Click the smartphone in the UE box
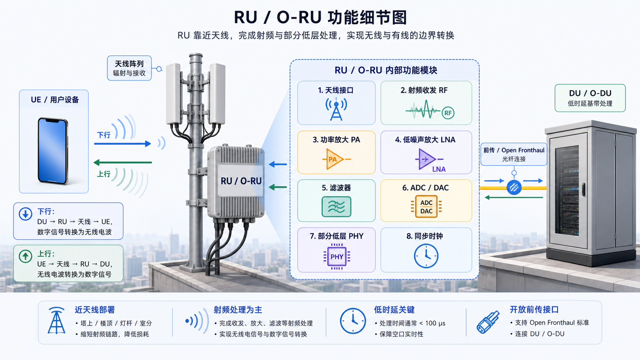(53, 151)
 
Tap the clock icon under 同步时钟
(426, 256)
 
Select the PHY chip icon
(336, 256)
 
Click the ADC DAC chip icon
(426, 207)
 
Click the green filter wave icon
(336, 207)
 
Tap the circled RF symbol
(448, 113)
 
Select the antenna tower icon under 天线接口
(336, 109)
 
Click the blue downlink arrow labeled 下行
(122, 143)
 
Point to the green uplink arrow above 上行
(122, 163)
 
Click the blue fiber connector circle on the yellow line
(514, 187)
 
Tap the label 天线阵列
(129, 64)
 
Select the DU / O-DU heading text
(590, 93)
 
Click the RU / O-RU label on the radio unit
(241, 181)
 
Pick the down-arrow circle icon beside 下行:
(25, 214)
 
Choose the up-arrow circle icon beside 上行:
(25, 256)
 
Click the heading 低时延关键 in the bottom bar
(394, 310)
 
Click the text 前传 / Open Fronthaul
(514, 150)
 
